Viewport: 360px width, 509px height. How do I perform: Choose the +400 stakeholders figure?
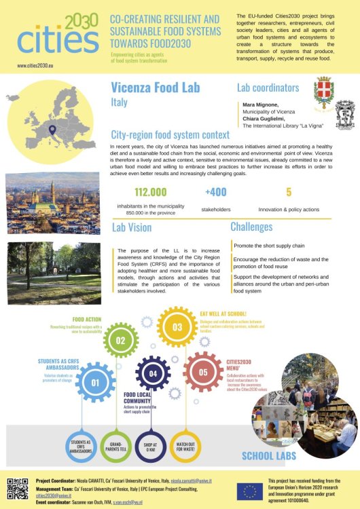point(216,192)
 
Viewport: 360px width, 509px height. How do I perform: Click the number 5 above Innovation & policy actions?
point(289,192)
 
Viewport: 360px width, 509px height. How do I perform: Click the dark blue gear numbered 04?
point(154,373)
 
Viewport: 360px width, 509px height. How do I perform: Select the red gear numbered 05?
point(202,372)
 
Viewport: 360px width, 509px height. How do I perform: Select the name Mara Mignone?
point(262,106)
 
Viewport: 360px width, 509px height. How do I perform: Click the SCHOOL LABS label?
point(269,455)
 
